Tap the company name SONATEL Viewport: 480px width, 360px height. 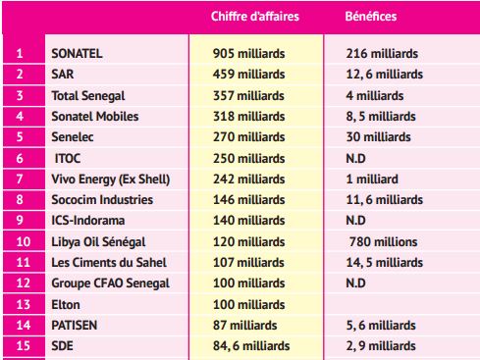pyautogui.click(x=76, y=53)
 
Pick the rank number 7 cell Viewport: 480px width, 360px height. pyautogui.click(x=20, y=179)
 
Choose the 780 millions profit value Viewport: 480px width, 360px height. pyautogui.click(x=383, y=242)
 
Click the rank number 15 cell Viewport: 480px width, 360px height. pyautogui.click(x=20, y=346)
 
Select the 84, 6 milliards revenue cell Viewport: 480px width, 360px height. pyautogui.click(x=252, y=346)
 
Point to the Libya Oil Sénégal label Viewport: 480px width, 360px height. pyautogui.click(x=99, y=242)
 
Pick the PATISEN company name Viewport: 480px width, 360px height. pyautogui.click(x=75, y=326)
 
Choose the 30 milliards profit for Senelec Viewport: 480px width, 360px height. pyautogui.click(x=379, y=137)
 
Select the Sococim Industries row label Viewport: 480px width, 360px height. pyautogui.click(x=101, y=200)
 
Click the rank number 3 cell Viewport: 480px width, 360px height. pyautogui.click(x=20, y=95)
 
